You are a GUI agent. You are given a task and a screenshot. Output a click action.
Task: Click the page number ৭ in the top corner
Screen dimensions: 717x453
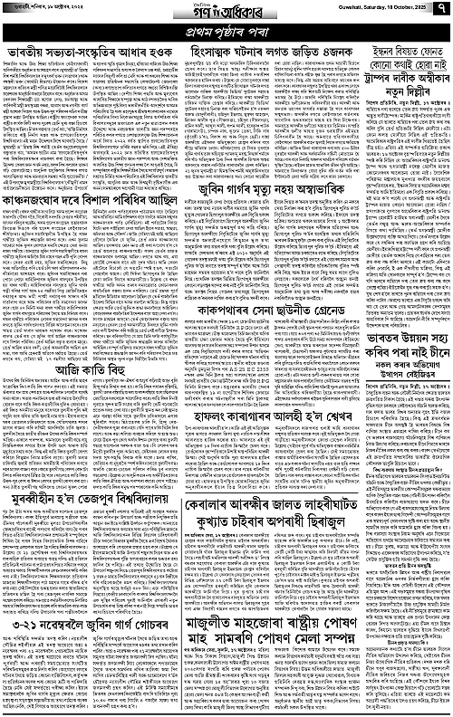(x=440, y=13)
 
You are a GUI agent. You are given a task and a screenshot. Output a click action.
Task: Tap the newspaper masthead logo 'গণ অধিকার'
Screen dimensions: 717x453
(x=226, y=12)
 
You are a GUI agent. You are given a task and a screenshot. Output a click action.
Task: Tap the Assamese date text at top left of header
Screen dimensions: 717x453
(x=47, y=13)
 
